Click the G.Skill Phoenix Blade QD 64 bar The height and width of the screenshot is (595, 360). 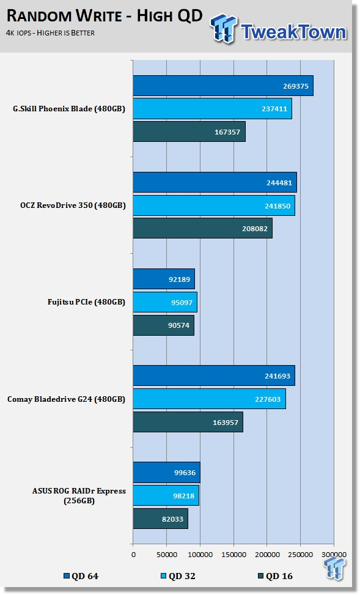point(223,86)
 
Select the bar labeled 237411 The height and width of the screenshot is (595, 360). point(213,109)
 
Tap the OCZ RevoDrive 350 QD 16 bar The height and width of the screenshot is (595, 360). point(202,229)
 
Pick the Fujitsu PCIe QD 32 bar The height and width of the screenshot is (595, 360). point(165,302)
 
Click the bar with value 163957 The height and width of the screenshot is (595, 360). point(188,422)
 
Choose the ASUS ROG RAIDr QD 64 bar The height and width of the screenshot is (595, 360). point(166,473)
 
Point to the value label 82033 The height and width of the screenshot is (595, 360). point(172,519)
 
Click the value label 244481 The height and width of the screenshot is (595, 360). point(279,182)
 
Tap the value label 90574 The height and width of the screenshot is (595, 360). point(178,325)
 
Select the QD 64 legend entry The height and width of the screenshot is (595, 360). point(81,576)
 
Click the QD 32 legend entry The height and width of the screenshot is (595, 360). point(178,576)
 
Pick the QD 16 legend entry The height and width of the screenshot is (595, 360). point(275,576)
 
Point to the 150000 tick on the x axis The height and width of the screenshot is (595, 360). point(233,555)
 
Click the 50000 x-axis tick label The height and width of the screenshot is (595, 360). point(167,555)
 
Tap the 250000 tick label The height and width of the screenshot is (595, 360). point(301,555)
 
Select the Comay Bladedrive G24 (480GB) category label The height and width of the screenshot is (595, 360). point(66,399)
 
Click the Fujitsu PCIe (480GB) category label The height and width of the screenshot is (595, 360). point(86,302)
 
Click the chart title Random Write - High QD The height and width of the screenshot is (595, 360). point(105,16)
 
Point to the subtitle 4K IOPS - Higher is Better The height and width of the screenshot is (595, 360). point(50,33)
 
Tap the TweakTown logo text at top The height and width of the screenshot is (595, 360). point(293,31)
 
